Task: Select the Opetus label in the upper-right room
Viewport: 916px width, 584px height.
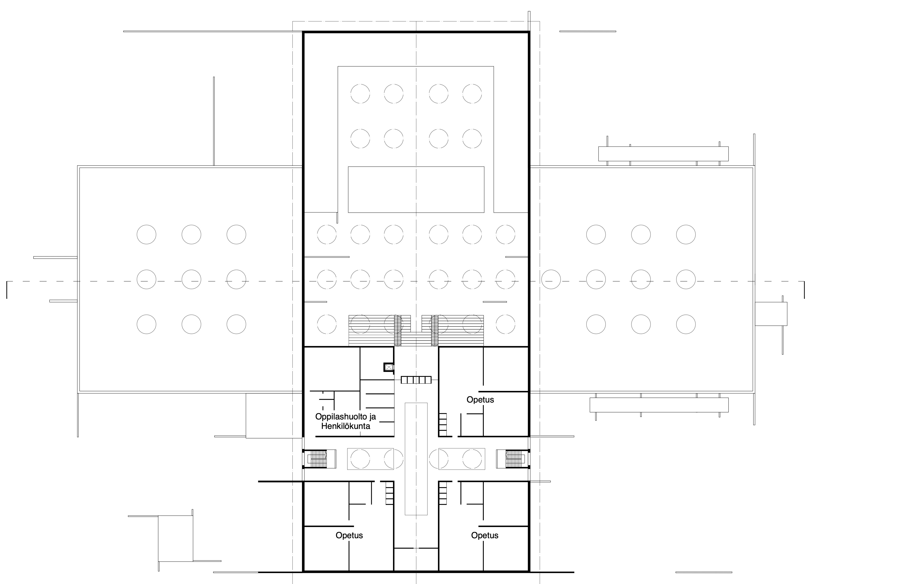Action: pos(480,400)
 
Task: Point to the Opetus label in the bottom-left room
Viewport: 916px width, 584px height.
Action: pos(349,535)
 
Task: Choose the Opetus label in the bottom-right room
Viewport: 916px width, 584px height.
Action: pos(485,535)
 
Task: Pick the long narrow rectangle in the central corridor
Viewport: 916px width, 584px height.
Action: pos(416,459)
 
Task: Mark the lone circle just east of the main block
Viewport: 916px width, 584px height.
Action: pos(551,279)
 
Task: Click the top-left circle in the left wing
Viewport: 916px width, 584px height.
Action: pos(147,235)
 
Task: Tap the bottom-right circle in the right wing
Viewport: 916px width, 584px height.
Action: pos(686,324)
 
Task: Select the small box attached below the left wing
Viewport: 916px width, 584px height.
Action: pos(274,416)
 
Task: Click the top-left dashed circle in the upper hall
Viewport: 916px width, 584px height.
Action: pos(360,94)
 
